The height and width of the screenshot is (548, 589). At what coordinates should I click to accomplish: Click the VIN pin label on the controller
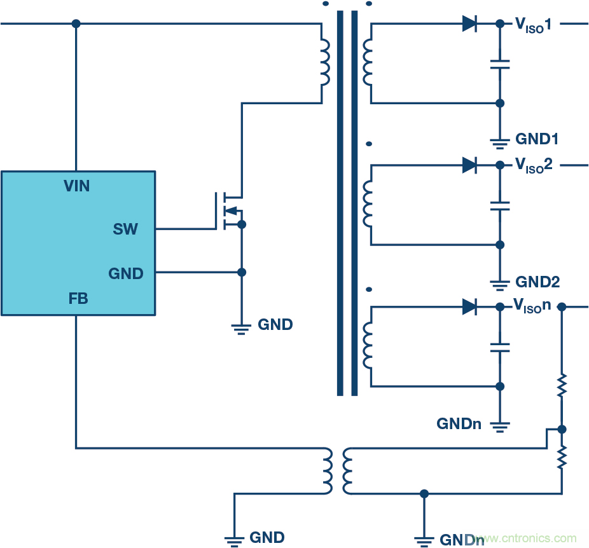(76, 186)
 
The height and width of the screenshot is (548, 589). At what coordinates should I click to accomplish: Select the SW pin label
(125, 229)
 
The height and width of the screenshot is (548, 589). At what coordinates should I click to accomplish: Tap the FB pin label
(78, 298)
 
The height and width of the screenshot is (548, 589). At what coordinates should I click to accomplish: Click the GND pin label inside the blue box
(126, 273)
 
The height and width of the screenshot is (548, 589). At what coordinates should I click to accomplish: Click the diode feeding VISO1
(469, 24)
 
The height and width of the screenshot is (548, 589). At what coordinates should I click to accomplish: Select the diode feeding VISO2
(469, 165)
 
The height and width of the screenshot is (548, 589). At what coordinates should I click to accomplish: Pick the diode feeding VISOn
(469, 307)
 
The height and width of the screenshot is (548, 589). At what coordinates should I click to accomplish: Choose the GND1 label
(537, 139)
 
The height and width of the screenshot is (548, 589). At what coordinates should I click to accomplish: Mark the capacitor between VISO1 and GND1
(500, 64)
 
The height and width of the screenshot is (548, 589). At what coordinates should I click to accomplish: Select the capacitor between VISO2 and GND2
(500, 205)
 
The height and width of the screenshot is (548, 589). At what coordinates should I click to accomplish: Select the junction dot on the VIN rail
(76, 24)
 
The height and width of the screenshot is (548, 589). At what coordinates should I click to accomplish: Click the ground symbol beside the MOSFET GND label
(241, 329)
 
